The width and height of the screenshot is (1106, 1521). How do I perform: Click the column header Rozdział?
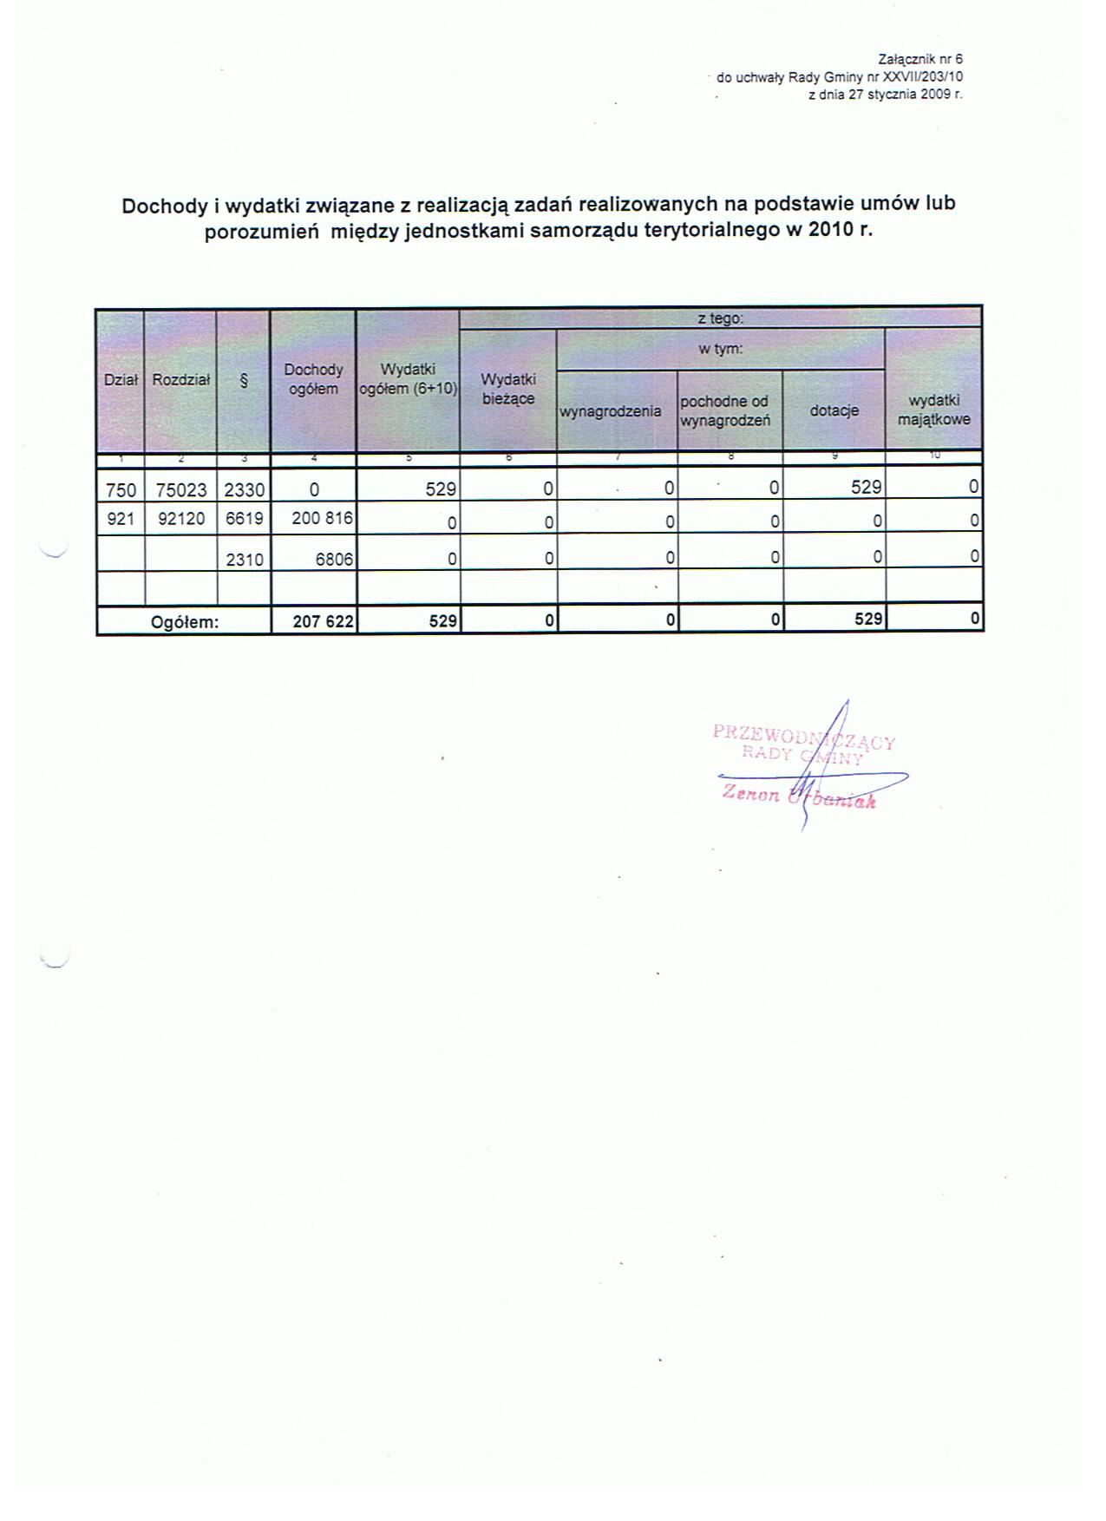click(180, 379)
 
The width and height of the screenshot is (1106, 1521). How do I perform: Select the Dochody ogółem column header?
click(313, 379)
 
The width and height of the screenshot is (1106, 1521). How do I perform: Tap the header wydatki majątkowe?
click(933, 410)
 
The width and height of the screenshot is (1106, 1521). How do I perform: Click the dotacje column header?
click(834, 410)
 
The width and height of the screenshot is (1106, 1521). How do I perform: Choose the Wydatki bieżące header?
click(508, 389)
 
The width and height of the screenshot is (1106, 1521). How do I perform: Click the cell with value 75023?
click(181, 489)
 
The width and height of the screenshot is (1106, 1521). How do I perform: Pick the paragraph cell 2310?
click(244, 560)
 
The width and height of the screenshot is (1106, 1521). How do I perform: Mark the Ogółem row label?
click(185, 621)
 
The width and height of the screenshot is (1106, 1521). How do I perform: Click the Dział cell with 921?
click(121, 519)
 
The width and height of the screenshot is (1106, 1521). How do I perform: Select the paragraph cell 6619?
click(244, 519)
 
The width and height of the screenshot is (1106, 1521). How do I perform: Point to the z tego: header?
click(720, 318)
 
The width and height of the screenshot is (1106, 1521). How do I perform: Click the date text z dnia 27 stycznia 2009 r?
click(885, 94)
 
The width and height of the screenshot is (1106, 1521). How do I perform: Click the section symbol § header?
click(244, 379)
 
